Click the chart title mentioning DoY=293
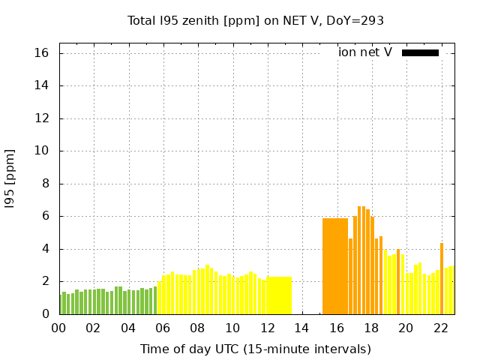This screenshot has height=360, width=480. tap(256, 21)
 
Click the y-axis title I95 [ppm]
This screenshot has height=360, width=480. tap(10, 178)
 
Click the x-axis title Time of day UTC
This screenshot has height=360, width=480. tap(256, 349)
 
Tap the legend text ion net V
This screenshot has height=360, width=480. tap(365, 52)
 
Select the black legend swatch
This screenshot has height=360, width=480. tap(420, 52)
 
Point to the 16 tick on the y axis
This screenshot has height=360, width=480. tap(41, 53)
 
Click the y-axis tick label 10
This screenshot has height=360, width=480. tap(41, 151)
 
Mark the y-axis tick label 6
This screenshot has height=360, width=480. tap(44, 216)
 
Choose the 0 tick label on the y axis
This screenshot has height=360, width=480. tap(44, 314)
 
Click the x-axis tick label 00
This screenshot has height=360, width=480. tap(58, 328)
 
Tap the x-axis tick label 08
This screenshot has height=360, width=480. tap(197, 328)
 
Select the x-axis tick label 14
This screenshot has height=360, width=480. tap(301, 328)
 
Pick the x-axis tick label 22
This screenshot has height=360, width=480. tap(440, 328)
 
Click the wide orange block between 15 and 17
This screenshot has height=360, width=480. tap(335, 266)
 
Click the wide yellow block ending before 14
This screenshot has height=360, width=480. tap(279, 295)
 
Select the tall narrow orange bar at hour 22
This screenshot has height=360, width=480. tap(442, 278)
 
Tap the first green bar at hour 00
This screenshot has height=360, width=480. tap(61, 304)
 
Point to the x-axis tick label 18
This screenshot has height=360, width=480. tap(371, 328)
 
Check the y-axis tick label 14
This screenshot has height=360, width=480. tap(41, 85)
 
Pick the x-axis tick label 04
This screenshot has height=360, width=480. tap(128, 328)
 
